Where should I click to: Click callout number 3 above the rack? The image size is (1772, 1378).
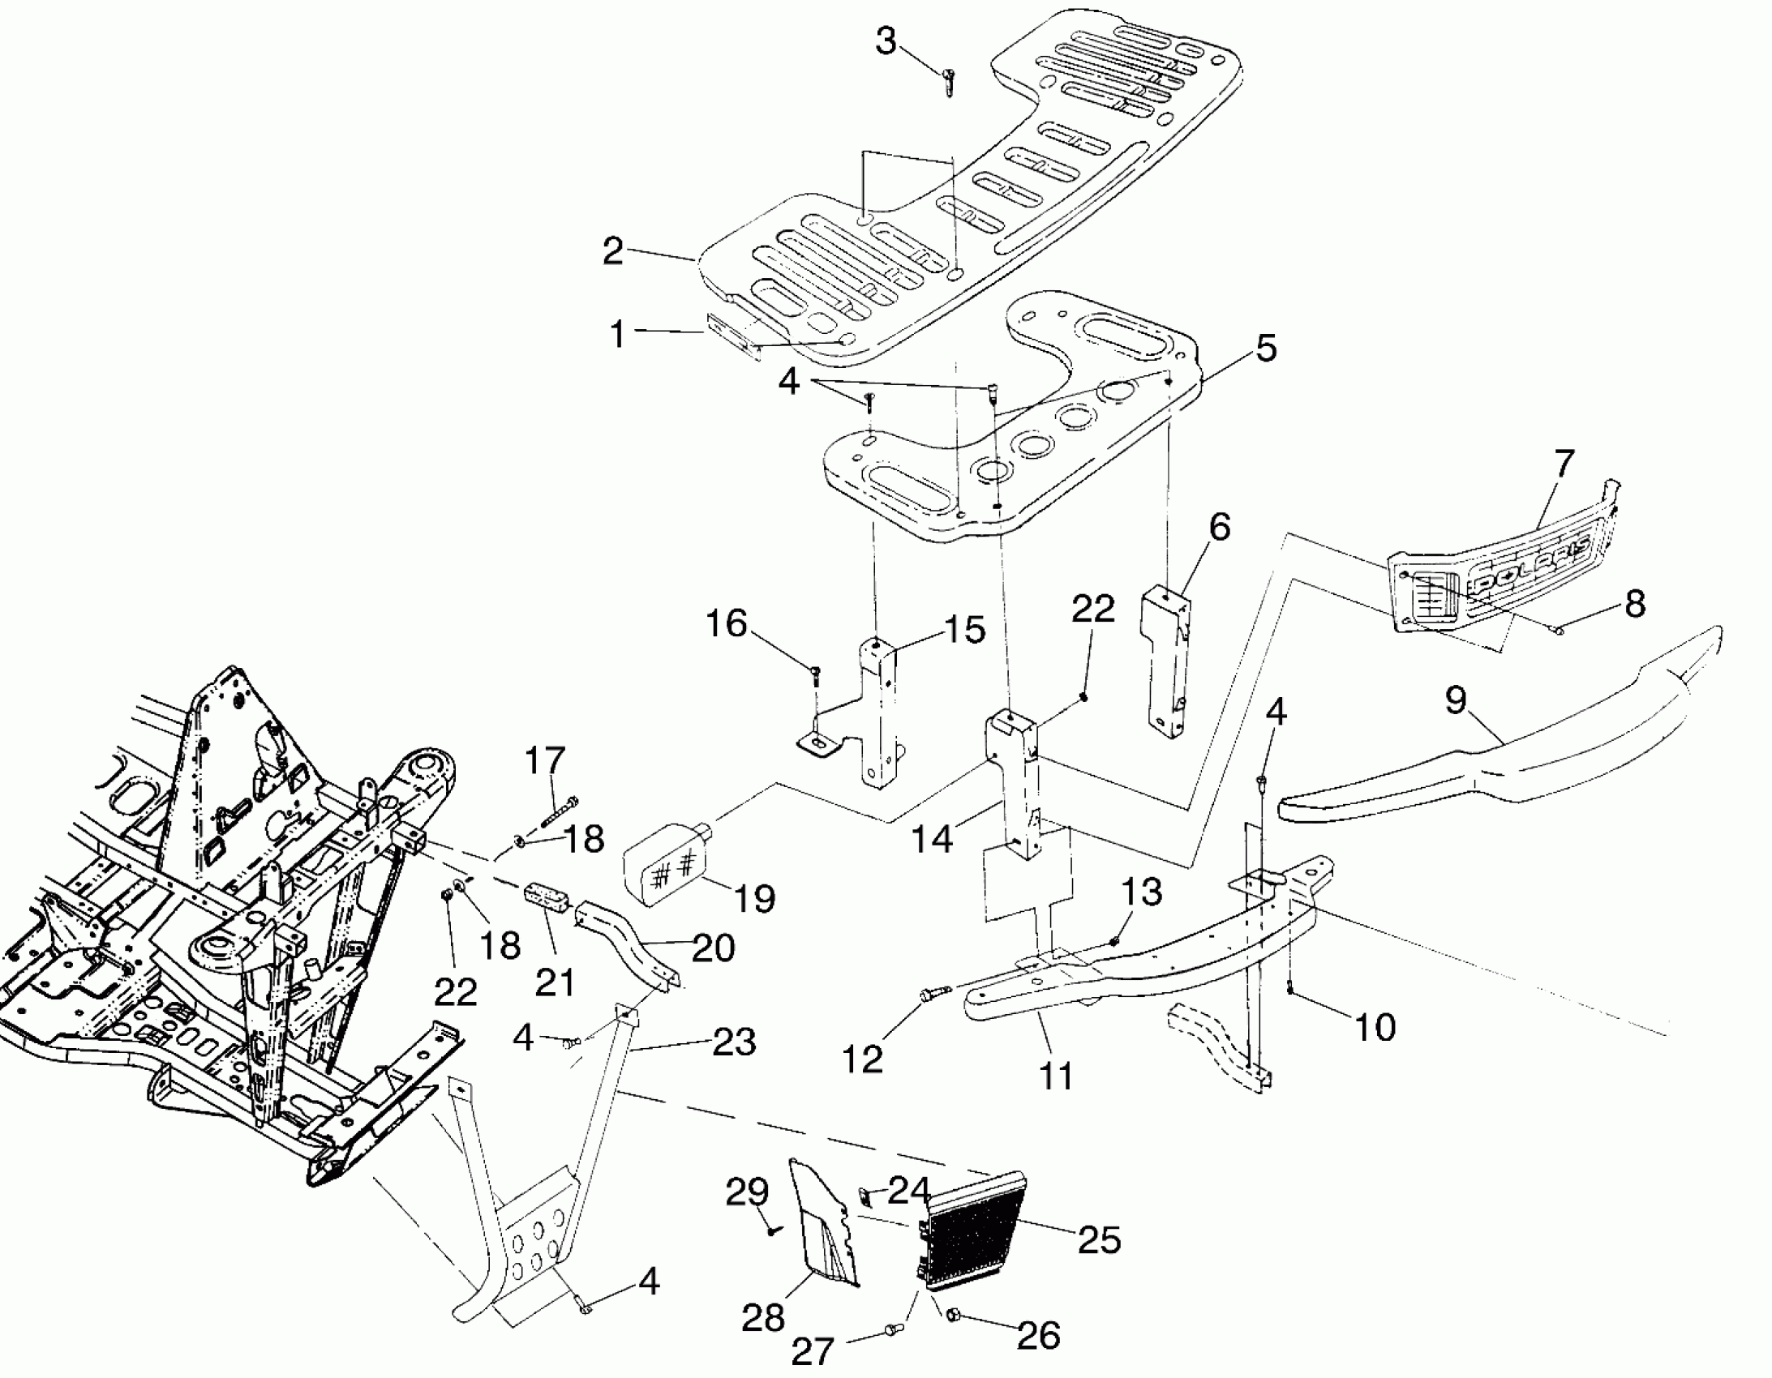(x=886, y=41)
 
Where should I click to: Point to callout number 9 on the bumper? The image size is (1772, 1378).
(x=1456, y=700)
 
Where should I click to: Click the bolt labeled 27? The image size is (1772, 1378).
(x=891, y=1329)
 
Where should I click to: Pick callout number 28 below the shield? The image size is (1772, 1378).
(x=762, y=1318)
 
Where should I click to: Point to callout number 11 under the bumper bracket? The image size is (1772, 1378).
(x=1055, y=1076)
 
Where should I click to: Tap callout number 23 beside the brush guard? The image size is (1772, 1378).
(x=734, y=1042)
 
